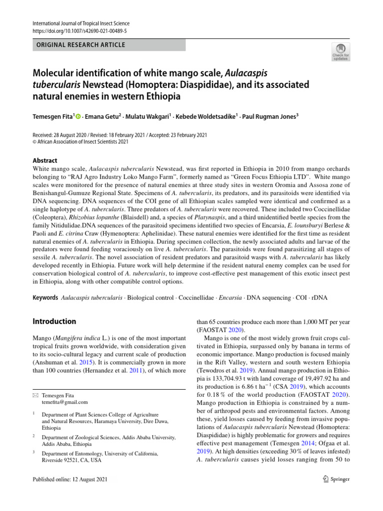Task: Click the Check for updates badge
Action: tap(341, 51)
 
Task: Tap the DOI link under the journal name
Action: tap(80, 31)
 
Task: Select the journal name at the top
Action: tap(80, 23)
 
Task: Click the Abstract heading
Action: tap(45, 161)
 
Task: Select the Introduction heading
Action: tap(54, 321)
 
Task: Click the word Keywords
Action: tap(45, 298)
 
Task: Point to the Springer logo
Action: tap(336, 479)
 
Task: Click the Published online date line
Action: tap(69, 479)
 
